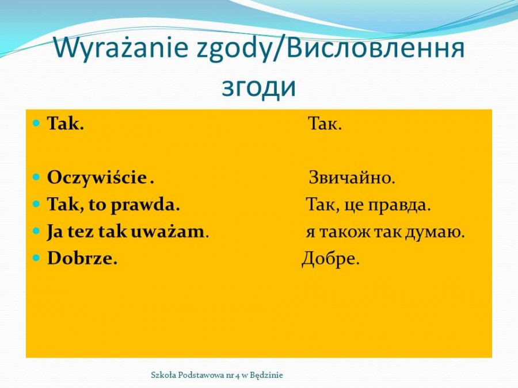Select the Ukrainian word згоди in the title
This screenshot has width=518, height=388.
point(258,87)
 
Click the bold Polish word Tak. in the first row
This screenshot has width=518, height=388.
point(66,124)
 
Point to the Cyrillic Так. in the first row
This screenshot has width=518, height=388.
point(325,124)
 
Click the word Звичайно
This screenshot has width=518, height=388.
point(352,178)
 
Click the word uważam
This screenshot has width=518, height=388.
point(168,232)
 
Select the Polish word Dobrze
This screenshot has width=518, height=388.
point(82,258)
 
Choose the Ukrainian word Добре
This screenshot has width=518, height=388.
point(330,259)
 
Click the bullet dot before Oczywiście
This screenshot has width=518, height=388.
point(36,177)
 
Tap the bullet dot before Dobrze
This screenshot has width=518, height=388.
point(36,258)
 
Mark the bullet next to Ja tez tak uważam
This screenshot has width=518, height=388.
point(36,231)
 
